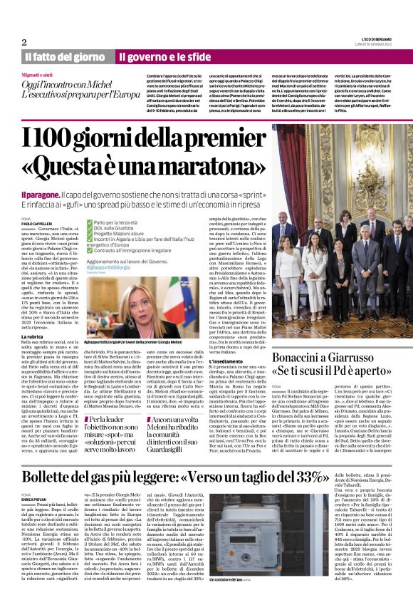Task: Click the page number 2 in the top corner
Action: pos(24,42)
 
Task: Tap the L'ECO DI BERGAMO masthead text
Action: pos(373,39)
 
